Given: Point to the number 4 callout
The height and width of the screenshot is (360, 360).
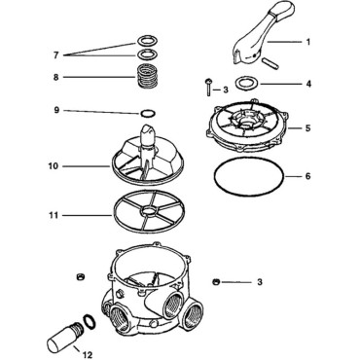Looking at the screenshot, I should pyautogui.click(x=308, y=85).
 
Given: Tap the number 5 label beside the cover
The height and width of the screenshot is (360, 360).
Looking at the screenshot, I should pyautogui.click(x=308, y=126).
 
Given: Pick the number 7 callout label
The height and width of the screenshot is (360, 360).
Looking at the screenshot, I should pyautogui.click(x=54, y=54).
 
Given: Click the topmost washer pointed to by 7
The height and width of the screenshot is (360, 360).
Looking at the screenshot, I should pyautogui.click(x=145, y=41).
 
